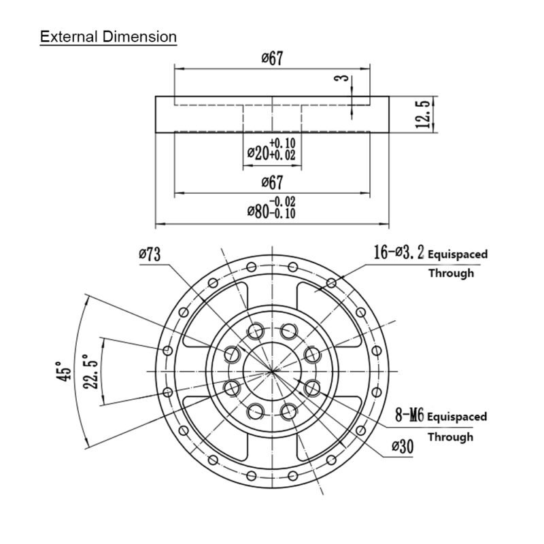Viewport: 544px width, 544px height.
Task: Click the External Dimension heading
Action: [x=108, y=37]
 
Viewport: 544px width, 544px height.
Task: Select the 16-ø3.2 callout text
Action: [x=398, y=254]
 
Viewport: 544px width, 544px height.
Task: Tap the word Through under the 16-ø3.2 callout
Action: [x=450, y=273]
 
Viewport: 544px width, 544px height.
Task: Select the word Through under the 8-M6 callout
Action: [x=449, y=436]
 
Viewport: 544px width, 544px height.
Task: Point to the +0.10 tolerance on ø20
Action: [x=282, y=143]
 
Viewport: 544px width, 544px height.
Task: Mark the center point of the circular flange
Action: [x=273, y=371]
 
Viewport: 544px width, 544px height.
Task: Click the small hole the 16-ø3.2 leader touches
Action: [x=331, y=282]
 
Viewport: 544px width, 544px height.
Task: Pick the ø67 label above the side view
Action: [x=272, y=59]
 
